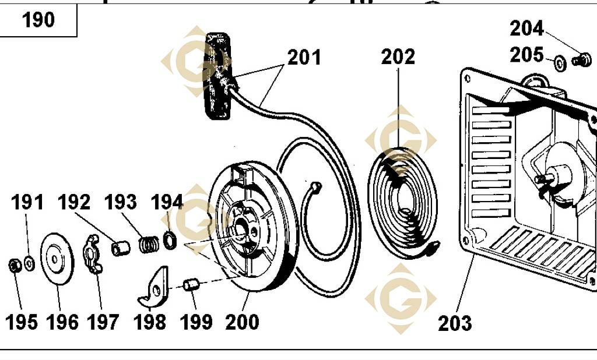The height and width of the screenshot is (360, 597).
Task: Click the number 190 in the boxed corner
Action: [38, 20]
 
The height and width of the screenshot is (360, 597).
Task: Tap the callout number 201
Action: [304, 58]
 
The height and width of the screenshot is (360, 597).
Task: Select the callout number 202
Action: [398, 57]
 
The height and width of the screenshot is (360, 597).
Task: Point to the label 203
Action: [455, 323]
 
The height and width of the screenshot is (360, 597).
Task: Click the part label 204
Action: [526, 28]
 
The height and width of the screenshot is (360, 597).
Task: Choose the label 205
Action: [526, 55]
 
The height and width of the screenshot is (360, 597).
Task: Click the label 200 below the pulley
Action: [242, 322]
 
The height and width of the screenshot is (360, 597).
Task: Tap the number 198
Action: [150, 322]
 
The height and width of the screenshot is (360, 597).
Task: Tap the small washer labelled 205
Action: [560, 62]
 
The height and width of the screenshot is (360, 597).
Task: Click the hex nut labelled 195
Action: [15, 266]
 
